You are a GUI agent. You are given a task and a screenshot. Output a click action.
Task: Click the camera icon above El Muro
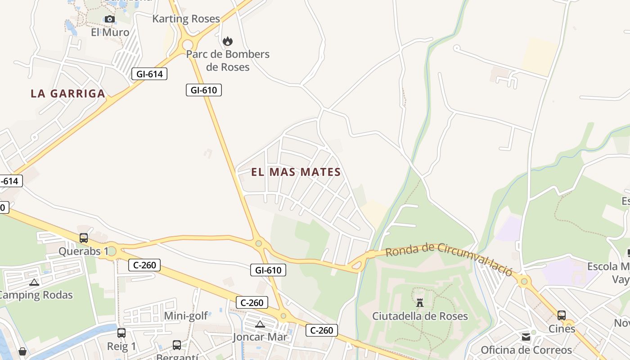tap(109, 19)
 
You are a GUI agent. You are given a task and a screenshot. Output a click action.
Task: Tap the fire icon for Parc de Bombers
tap(228, 41)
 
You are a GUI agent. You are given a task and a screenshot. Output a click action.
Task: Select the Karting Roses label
tap(186, 19)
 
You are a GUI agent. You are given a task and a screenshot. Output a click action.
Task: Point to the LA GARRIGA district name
tap(68, 94)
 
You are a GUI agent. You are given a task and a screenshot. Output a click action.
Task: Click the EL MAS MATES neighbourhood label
tap(296, 172)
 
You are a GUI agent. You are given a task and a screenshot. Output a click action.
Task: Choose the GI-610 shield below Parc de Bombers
tap(204, 90)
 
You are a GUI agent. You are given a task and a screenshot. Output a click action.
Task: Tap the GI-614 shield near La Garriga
tap(149, 74)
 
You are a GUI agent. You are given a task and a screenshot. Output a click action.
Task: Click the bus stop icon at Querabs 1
tap(84, 238)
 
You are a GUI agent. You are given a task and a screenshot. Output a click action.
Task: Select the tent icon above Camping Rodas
tap(34, 283)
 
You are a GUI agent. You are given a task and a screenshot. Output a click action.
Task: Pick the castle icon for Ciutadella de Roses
tap(420, 302)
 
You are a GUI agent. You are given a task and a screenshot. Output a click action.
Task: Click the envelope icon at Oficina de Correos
tap(526, 337)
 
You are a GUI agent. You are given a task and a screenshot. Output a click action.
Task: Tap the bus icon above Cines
tap(562, 315)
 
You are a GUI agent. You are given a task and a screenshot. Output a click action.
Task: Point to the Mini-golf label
tap(186, 316)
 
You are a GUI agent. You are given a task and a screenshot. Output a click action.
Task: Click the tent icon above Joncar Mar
tap(260, 324)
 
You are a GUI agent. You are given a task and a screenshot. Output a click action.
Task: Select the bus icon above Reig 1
tap(121, 333)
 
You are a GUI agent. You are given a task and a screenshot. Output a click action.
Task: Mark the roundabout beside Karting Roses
tap(188, 45)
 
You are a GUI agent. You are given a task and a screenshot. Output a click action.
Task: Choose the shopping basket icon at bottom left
tap(22, 351)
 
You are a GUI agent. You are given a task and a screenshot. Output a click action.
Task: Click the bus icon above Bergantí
tap(177, 345)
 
